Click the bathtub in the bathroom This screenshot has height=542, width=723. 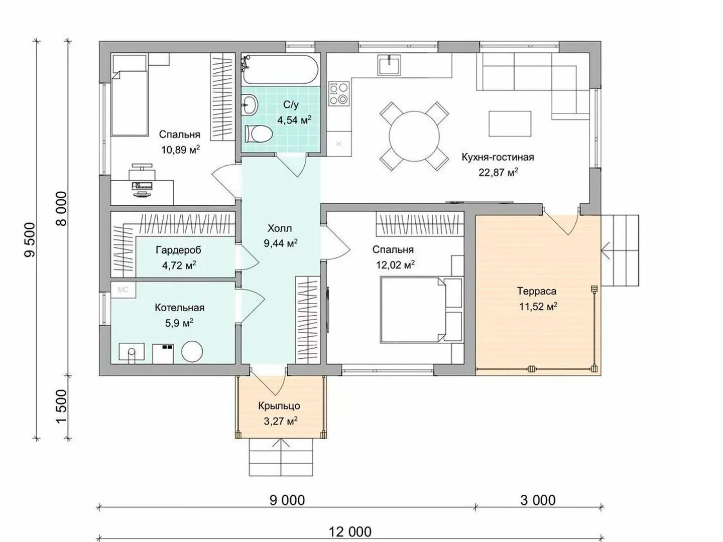[x=280, y=69]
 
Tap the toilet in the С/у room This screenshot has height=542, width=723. [x=259, y=134]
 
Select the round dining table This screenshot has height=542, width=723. [x=414, y=136]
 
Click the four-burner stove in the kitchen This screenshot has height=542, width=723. [x=339, y=93]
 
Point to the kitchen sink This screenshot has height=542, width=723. [x=389, y=65]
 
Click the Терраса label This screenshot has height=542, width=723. [x=537, y=291]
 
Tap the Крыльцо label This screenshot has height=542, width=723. [x=279, y=406]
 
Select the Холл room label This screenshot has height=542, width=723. [x=280, y=228]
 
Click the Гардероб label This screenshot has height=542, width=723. [x=179, y=250]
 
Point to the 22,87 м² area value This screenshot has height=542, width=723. [x=498, y=172]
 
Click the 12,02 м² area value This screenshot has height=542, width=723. [x=395, y=264]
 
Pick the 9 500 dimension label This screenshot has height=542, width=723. [x=30, y=240]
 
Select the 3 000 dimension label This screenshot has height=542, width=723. [x=538, y=500]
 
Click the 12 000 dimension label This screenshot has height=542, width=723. [x=350, y=532]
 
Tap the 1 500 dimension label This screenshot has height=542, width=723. [x=62, y=407]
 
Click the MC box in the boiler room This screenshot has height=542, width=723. [x=123, y=290]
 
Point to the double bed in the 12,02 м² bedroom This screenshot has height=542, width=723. [x=421, y=310]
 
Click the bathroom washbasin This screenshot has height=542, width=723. [x=250, y=105]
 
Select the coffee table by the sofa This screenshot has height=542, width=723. [x=510, y=124]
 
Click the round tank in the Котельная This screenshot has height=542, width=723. [x=192, y=351]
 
